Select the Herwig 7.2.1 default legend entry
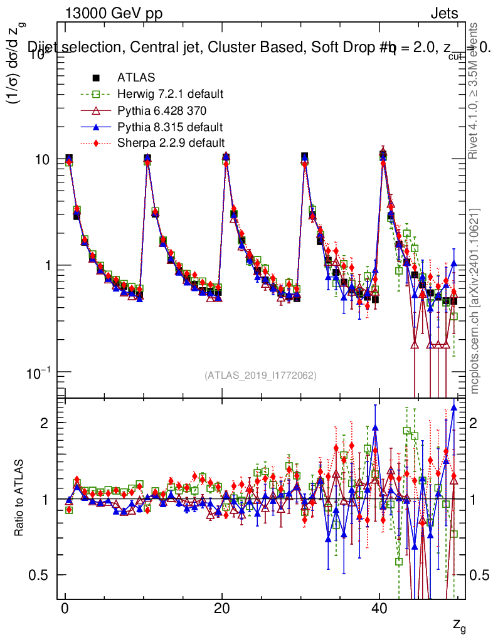170,94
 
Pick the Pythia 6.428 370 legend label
163,110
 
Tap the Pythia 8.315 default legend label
170,127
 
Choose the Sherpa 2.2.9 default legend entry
171,143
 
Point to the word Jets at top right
443,13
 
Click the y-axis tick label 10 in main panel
42,160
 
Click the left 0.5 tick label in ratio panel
39,575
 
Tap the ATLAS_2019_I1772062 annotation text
260,376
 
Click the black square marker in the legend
96,78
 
